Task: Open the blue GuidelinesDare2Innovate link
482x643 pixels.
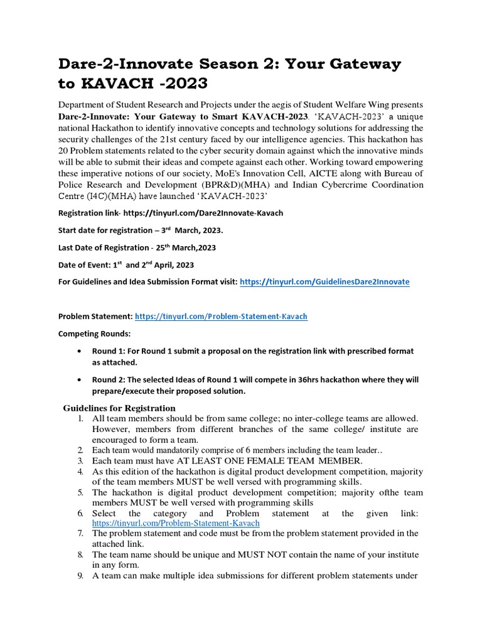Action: point(324,282)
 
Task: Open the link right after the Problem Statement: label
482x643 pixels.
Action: point(221,316)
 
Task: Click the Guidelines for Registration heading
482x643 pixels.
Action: point(119,408)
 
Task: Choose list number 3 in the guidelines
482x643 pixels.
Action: point(81,461)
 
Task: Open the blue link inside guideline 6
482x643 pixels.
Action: point(176,522)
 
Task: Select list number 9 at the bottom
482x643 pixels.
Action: point(81,575)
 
